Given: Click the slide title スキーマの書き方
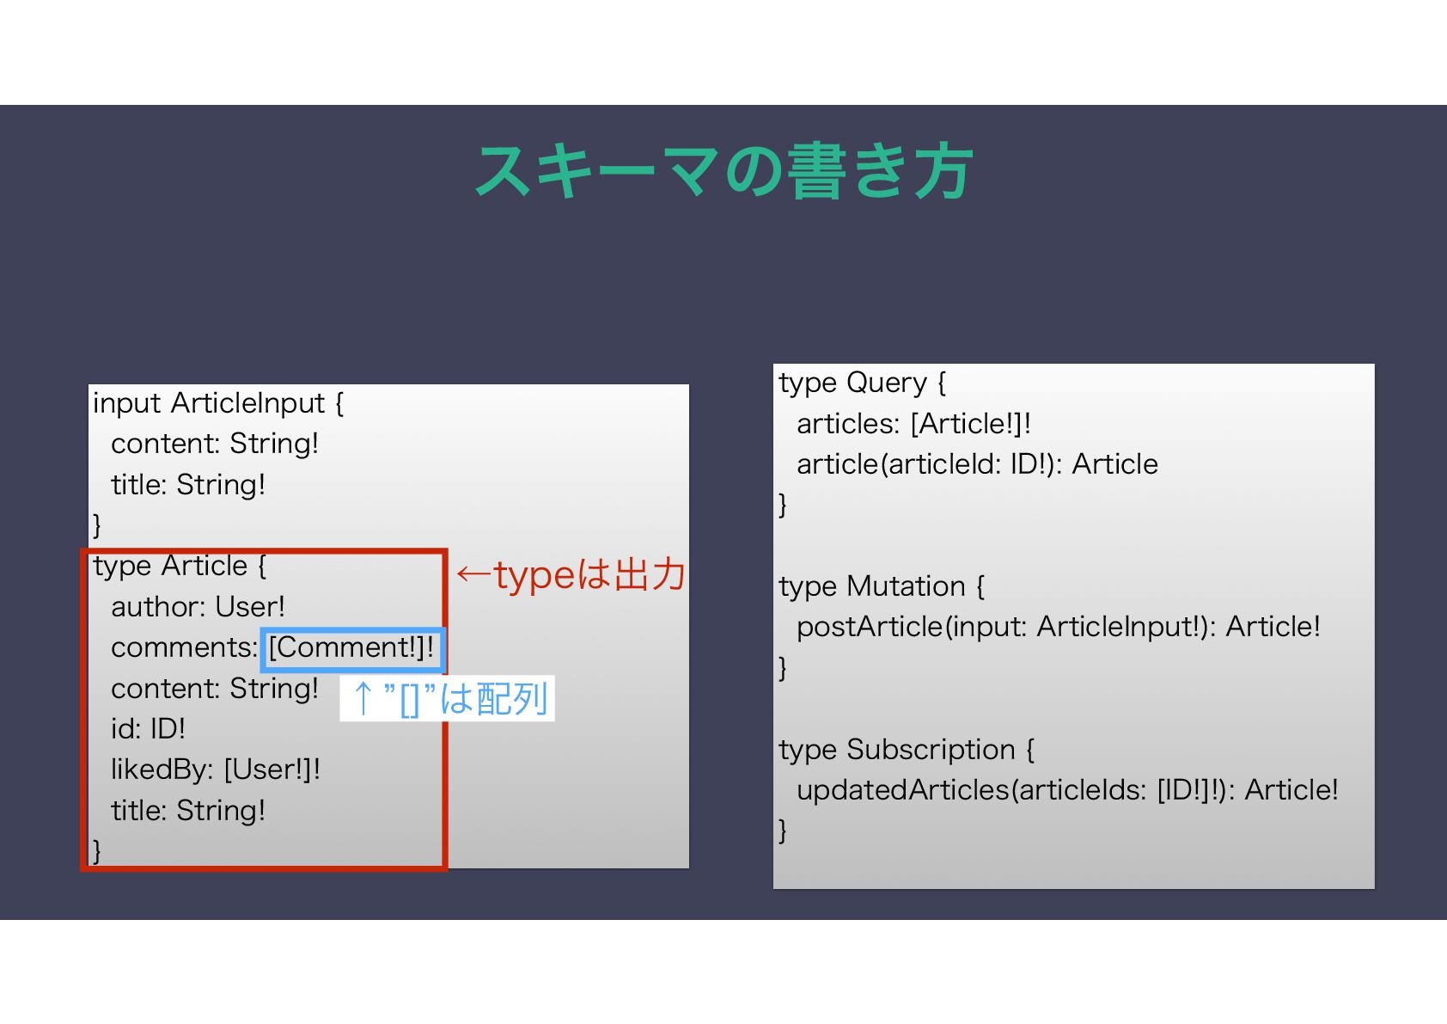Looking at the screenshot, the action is (723, 171).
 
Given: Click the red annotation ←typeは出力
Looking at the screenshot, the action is (571, 575).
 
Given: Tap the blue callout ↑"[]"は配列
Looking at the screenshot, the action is (448, 698).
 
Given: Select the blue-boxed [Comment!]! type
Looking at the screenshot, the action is (352, 648).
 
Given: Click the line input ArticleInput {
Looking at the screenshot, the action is (218, 403).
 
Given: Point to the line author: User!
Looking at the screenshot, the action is (198, 607).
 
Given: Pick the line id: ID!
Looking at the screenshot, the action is (148, 729).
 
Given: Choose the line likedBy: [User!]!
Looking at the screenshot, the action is (215, 770).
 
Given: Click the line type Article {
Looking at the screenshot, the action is (180, 567).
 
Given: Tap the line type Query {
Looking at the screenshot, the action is (862, 383).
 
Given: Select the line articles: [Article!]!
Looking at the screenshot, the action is (913, 424).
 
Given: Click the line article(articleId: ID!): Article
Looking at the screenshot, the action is (977, 464).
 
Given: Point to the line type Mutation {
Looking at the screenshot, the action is (882, 586).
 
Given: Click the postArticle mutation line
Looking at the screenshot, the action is (1058, 627).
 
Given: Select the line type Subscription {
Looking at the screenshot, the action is (907, 750).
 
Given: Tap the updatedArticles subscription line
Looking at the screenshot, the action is (1067, 790).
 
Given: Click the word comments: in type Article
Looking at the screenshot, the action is (184, 648).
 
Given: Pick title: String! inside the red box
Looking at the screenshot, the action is (188, 811).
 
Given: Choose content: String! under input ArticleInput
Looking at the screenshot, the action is (215, 444).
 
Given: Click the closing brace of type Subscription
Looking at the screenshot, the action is (783, 830).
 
